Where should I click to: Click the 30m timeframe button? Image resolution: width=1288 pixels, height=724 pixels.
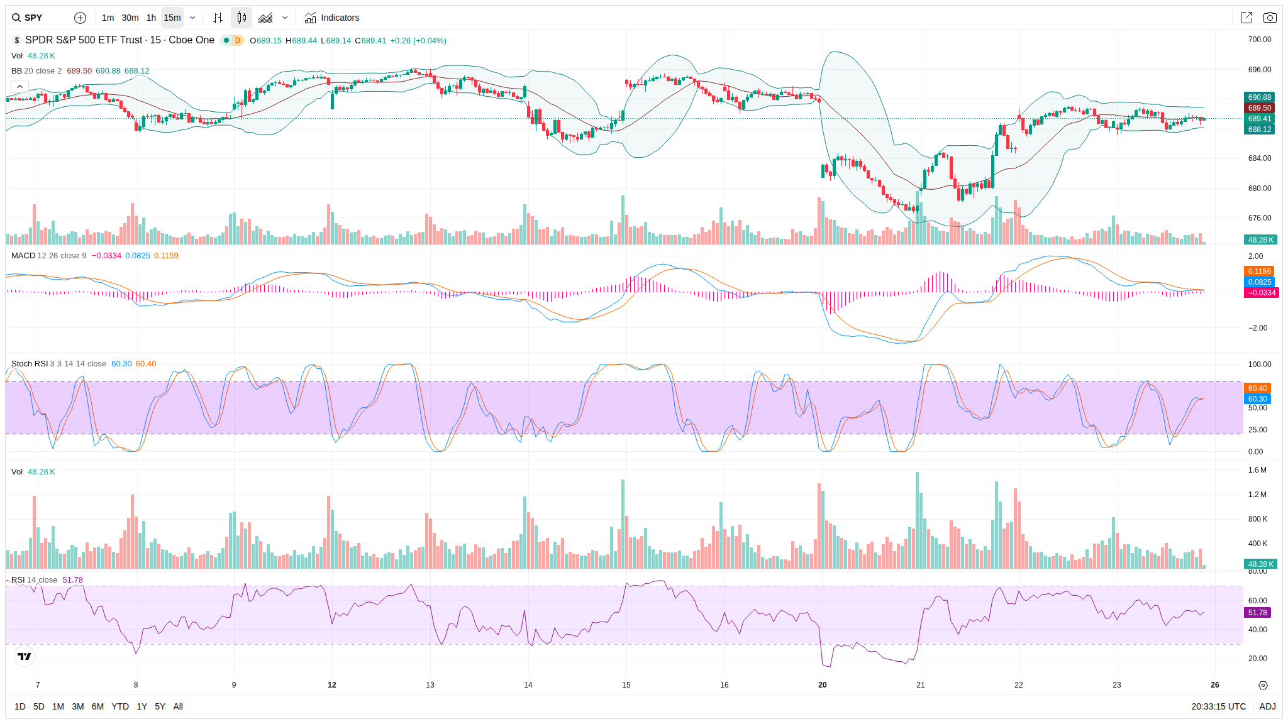coord(130,18)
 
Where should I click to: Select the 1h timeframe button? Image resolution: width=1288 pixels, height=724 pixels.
coord(151,18)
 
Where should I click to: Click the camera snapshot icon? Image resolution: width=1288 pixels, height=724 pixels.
coord(1270,18)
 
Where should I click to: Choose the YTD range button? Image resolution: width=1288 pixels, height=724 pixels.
coord(119,706)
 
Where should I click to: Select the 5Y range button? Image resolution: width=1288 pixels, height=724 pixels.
coord(160,706)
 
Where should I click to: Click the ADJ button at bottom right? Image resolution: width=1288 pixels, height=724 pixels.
coord(1267,706)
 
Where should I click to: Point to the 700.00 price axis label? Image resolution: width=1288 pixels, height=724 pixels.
coord(1259,40)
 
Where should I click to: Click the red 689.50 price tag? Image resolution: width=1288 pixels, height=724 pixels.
coord(1259,108)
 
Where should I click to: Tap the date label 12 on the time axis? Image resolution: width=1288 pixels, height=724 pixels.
coord(332,685)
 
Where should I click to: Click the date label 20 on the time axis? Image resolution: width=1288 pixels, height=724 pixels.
coord(823,685)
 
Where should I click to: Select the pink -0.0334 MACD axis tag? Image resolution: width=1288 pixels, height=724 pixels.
coord(1261,293)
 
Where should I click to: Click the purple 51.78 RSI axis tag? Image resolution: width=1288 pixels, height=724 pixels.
coord(1258,613)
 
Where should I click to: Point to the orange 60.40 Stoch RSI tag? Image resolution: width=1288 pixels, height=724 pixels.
coord(1257,388)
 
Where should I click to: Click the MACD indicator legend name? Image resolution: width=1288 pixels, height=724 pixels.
coord(23,256)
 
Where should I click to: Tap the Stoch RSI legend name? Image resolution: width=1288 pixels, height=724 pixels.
coord(30,364)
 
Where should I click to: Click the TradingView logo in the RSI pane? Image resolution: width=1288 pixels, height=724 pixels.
coord(25,657)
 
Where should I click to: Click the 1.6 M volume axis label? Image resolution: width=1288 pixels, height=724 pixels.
coord(1257,470)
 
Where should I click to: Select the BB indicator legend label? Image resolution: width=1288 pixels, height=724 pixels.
coord(16,71)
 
